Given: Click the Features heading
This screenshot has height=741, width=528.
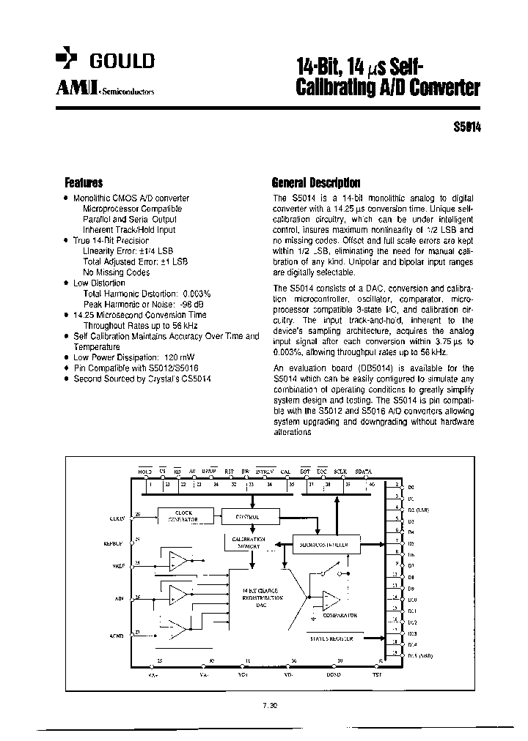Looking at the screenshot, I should pos(84,183).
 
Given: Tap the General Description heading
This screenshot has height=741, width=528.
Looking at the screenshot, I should pos(315,183).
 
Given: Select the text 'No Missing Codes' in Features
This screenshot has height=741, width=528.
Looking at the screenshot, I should pos(116,272).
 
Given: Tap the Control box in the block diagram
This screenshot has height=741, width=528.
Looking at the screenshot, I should pos(250,516).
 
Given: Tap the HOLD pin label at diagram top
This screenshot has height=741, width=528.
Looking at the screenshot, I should pos(145,472).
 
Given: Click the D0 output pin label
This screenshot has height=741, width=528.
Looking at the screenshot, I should pos(411,486).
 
